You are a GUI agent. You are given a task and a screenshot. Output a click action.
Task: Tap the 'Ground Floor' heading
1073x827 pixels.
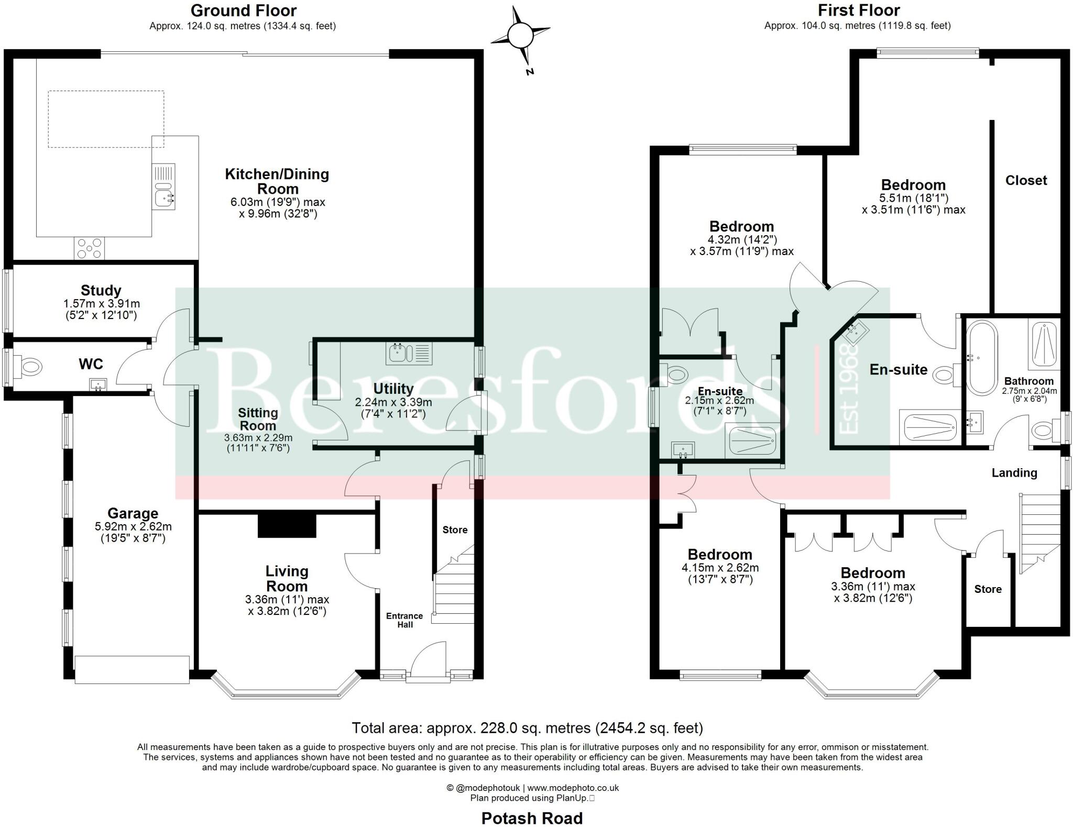pyautogui.click(x=244, y=10)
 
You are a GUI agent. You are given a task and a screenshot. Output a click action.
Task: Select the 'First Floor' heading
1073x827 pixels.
pyautogui.click(x=859, y=10)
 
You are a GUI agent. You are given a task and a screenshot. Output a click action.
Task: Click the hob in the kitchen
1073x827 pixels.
pyautogui.click(x=90, y=248)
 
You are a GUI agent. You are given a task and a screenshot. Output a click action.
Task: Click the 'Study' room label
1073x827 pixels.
pyautogui.click(x=101, y=290)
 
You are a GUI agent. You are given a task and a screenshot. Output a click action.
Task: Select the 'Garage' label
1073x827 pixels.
pyautogui.click(x=133, y=513)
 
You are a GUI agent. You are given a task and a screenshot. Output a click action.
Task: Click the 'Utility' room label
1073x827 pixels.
pyautogui.click(x=393, y=389)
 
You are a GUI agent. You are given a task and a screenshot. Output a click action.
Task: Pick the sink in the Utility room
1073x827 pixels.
pyautogui.click(x=409, y=354)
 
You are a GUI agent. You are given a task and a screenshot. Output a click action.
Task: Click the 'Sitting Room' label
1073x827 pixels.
pyautogui.click(x=258, y=419)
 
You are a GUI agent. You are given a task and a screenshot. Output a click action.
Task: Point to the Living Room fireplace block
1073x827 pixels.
pyautogui.click(x=287, y=525)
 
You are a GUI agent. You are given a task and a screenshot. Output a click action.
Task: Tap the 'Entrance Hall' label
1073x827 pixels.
pyautogui.click(x=404, y=620)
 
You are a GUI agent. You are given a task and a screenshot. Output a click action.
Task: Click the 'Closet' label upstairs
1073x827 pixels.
pyautogui.click(x=1026, y=180)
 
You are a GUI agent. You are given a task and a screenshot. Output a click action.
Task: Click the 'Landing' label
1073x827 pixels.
pyautogui.click(x=1014, y=473)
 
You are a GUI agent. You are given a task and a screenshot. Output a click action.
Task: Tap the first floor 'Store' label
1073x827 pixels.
pyautogui.click(x=988, y=589)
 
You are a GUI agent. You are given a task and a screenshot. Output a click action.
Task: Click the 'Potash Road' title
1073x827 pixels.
pyautogui.click(x=532, y=818)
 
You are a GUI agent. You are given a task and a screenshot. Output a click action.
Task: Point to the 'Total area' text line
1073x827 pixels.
pyautogui.click(x=527, y=727)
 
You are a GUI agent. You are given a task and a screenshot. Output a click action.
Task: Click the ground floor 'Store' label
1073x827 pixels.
pyautogui.click(x=455, y=530)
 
